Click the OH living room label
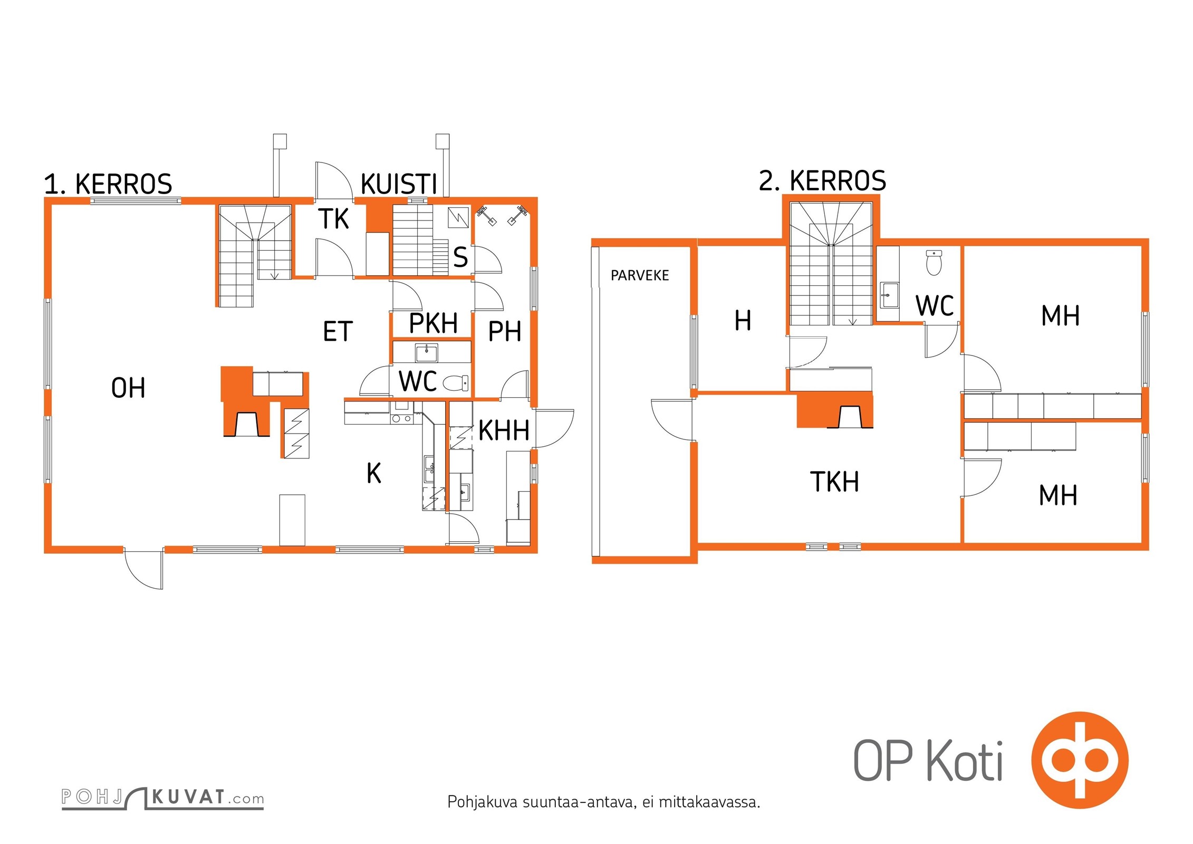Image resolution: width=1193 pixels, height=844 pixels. (128, 388)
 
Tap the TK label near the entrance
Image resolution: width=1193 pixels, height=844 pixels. (334, 219)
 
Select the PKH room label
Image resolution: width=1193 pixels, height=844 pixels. (434, 323)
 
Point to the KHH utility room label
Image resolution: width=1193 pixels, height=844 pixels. (504, 430)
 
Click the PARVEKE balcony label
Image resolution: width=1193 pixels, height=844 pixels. (640, 275)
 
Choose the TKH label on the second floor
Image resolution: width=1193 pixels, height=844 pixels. (834, 482)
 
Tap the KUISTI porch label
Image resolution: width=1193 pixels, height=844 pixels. (399, 184)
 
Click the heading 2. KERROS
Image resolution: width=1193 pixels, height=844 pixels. (822, 181)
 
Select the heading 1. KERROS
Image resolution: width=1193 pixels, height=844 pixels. (108, 184)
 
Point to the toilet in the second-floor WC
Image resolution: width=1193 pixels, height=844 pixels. (934, 263)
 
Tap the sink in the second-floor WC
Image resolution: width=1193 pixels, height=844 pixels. (889, 295)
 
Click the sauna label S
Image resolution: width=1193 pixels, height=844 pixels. (460, 257)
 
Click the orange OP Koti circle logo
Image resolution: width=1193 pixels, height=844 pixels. (1080, 760)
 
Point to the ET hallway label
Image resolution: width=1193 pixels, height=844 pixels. (338, 332)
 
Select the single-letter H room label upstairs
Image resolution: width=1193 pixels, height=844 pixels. (743, 320)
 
